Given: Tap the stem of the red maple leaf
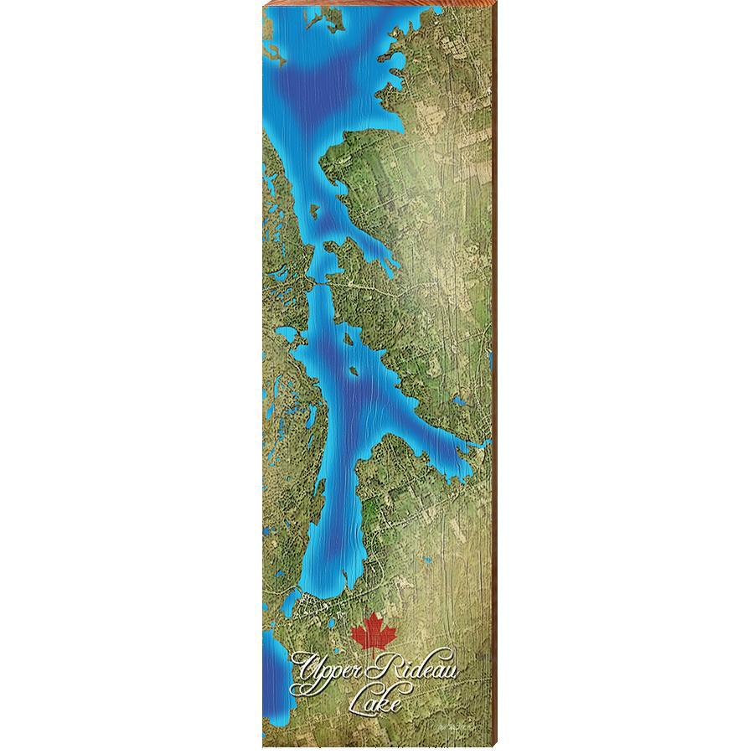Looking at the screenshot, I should [372, 649].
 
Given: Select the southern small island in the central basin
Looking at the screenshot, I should [355, 369].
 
